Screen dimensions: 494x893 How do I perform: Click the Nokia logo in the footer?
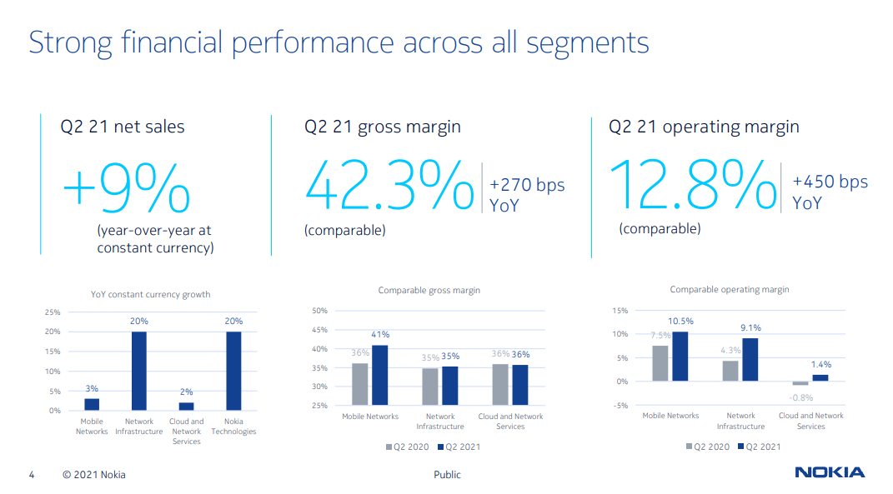tap(829, 473)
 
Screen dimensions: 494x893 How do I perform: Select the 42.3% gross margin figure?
tap(389, 186)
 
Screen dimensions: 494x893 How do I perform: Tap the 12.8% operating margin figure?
tap(693, 185)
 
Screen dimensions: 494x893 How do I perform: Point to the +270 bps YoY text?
tap(527, 194)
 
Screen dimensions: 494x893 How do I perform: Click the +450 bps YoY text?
tap(830, 192)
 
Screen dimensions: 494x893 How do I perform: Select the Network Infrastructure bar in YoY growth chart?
tap(138, 371)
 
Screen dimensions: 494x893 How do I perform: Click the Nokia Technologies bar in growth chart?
tap(233, 371)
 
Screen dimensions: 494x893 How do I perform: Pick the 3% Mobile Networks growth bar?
tap(92, 405)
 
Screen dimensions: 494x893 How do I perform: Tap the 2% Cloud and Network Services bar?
tap(186, 407)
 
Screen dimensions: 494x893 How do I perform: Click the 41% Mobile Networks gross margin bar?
tap(380, 375)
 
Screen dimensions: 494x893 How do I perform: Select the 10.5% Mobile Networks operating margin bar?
tap(680, 357)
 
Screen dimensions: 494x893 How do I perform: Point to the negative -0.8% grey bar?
tap(800, 383)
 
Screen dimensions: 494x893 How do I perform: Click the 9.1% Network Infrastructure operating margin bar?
tap(750, 360)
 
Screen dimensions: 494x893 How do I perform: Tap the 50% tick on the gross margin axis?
tap(319, 311)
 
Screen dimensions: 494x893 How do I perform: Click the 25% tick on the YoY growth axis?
tap(52, 312)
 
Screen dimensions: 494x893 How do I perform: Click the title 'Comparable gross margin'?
tap(429, 291)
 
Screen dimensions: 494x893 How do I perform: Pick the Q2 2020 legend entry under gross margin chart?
tap(408, 447)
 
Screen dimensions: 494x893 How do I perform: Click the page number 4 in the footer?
tap(32, 475)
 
